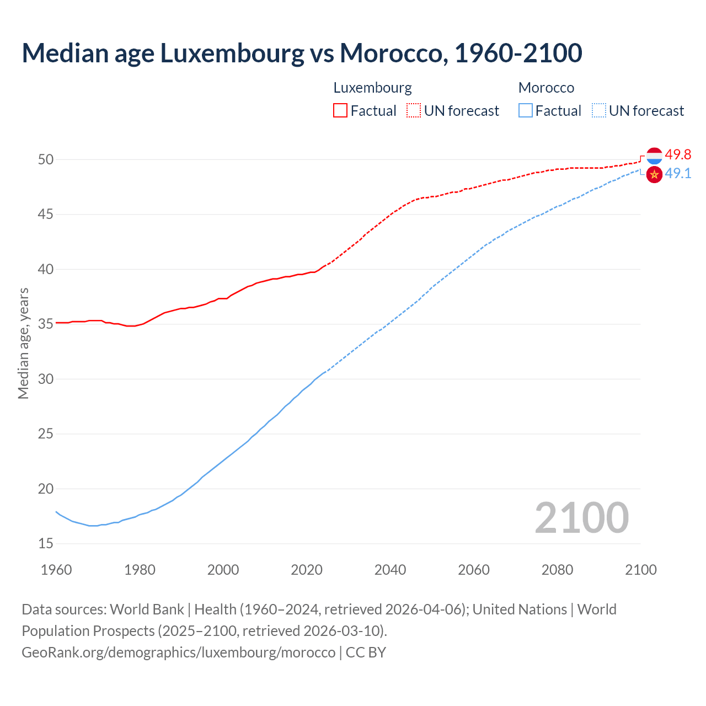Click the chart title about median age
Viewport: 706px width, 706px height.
coord(302,53)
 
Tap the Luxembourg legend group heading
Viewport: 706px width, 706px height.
coord(372,88)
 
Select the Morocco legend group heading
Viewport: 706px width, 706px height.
coord(546,88)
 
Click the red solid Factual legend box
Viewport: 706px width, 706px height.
coord(340,111)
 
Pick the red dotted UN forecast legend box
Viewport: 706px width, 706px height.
coord(414,111)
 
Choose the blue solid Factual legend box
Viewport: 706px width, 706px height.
coord(526,111)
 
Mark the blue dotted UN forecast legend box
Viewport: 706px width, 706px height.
coord(599,111)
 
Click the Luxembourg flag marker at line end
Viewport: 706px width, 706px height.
coord(654,156)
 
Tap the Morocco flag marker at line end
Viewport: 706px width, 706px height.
coord(654,174)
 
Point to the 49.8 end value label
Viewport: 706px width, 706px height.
coord(678,155)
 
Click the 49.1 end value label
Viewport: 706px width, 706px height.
coord(678,174)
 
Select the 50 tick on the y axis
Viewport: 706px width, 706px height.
coord(46,159)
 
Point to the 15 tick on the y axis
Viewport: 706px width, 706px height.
coord(46,543)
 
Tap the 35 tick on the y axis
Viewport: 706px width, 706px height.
coord(46,324)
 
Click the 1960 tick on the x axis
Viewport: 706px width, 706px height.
coord(56,570)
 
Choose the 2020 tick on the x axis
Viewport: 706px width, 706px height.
coord(307,570)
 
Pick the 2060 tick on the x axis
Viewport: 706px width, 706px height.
coord(474,570)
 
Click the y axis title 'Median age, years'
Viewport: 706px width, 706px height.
coord(23,343)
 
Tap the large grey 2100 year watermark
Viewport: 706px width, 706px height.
coord(581,517)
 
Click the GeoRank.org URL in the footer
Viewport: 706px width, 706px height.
coord(178,652)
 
